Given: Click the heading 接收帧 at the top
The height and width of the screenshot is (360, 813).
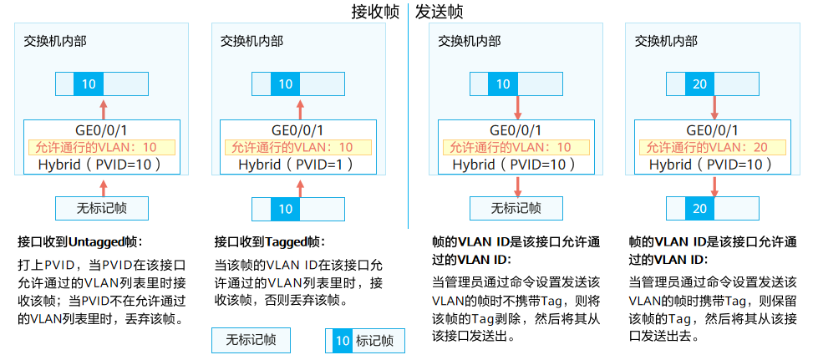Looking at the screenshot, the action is pyautogui.click(x=375, y=13).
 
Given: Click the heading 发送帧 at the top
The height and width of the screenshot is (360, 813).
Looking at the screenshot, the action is pyautogui.click(x=439, y=13).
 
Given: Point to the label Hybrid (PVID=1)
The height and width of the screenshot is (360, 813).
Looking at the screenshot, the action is pyautogui.click(x=297, y=165).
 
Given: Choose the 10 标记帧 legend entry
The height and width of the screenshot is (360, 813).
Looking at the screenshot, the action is pyautogui.click(x=364, y=340).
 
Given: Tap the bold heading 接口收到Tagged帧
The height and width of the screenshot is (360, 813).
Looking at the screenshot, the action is pyautogui.click(x=269, y=242).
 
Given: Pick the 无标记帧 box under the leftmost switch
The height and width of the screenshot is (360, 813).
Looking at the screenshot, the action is pyautogui.click(x=101, y=207).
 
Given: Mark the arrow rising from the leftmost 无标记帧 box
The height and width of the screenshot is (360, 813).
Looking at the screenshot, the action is pyautogui.click(x=103, y=186).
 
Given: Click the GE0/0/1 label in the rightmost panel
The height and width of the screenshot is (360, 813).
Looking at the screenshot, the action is pyautogui.click(x=712, y=130).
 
